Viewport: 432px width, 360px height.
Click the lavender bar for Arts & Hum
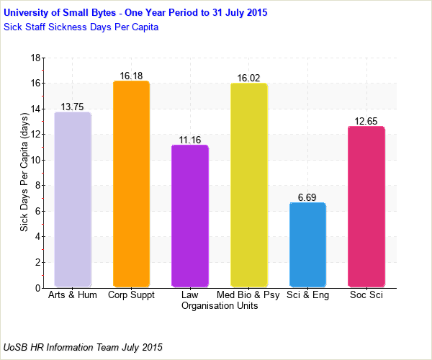72,199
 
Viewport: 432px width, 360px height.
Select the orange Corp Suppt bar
131,184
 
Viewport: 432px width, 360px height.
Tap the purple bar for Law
190,216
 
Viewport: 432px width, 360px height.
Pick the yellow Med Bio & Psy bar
248,185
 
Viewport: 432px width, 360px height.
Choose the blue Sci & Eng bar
307,245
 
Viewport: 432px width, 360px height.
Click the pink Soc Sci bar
366,207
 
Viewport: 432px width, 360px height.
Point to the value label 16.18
131,76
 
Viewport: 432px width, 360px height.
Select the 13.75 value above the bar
72,107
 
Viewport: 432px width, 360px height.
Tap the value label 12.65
366,121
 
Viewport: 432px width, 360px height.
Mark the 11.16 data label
190,140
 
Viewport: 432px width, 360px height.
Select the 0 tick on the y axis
37,288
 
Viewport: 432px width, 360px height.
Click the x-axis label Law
190,295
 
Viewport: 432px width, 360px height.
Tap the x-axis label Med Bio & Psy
248,295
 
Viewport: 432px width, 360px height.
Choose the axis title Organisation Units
220,306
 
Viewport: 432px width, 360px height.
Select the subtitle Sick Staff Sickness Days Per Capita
81,27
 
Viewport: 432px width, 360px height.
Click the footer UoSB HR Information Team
83,347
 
